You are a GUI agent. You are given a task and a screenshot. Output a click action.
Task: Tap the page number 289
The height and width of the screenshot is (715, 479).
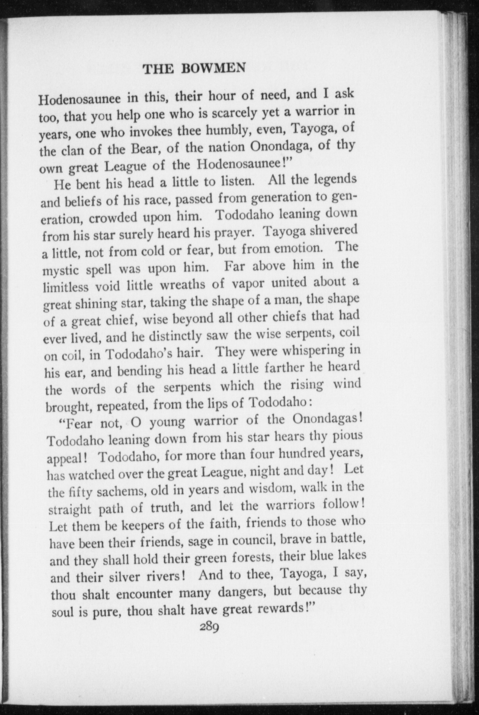pyautogui.click(x=210, y=627)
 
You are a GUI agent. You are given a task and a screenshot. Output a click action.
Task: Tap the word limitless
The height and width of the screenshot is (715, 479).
pyautogui.click(x=66, y=288)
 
